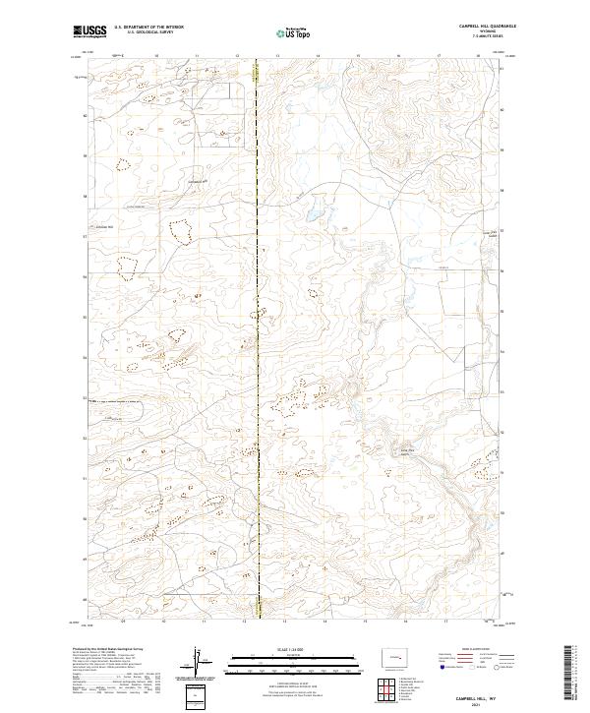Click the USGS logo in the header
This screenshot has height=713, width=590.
(x=89, y=31)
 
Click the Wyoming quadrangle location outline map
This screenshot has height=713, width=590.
(x=395, y=656)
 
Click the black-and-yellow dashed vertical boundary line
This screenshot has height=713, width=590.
(x=259, y=344)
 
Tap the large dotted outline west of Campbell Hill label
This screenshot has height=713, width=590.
(x=181, y=231)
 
